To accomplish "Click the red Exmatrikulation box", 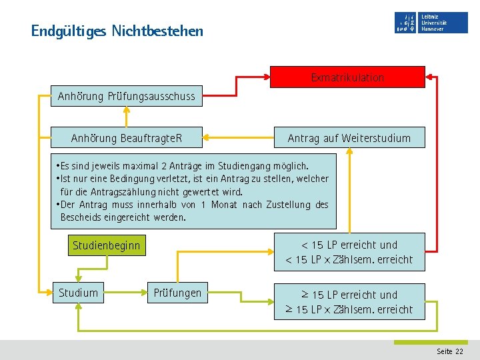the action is (x=347, y=77).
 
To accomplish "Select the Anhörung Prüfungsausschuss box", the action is (x=127, y=97).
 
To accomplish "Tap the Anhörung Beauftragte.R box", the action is (x=127, y=139).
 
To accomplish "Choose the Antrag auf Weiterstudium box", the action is (x=349, y=139).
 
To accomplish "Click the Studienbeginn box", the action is (x=107, y=245).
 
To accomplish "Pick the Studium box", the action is (x=78, y=293).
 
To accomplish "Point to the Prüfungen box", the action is (x=177, y=293).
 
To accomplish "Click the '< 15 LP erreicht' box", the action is (x=349, y=252).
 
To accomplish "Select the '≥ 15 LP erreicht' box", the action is (x=349, y=302).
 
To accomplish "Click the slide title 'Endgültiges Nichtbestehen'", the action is (x=117, y=31).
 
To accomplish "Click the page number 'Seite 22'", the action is (x=450, y=351).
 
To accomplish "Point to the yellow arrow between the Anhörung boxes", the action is (x=126, y=117).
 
